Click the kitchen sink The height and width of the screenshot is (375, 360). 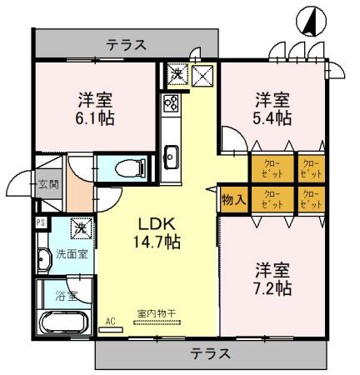tap(172, 155)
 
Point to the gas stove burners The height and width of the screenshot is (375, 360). tap(172, 106)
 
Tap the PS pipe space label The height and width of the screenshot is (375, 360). tap(40, 222)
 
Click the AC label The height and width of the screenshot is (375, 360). tap(110, 318)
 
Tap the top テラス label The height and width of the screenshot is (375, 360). tap(127, 44)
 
